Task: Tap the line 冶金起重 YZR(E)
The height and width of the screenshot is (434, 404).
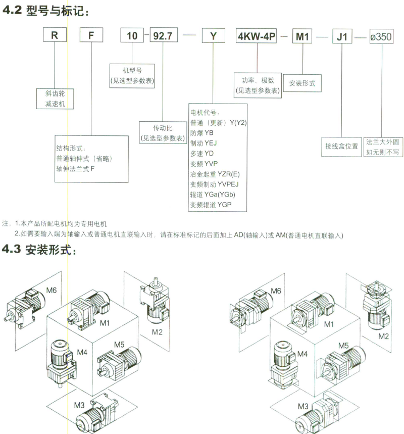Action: click(x=215, y=174)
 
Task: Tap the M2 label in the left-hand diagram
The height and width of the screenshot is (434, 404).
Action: click(x=159, y=331)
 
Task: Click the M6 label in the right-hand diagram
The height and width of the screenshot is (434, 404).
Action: click(x=276, y=291)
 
